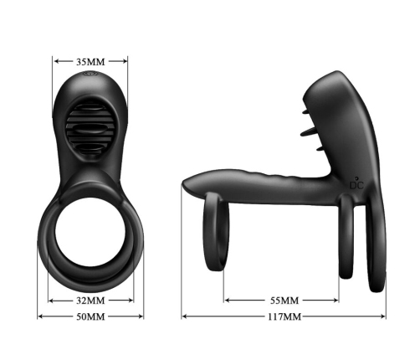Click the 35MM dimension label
[90, 60]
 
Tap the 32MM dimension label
[90, 300]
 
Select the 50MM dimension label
[90, 316]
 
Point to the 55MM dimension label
[283, 300]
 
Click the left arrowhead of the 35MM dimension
[56, 60]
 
